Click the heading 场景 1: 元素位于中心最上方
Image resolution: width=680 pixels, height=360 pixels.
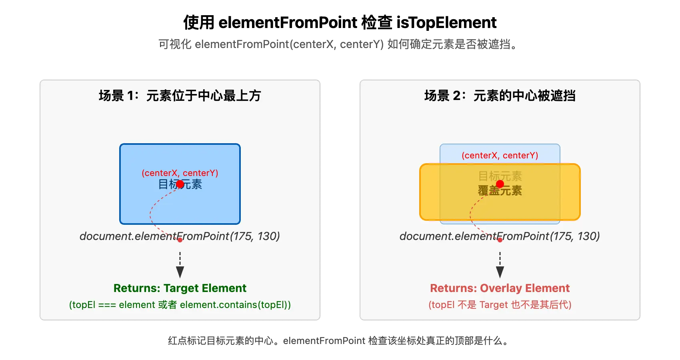(180, 96)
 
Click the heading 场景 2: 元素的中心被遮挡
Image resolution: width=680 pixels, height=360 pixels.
(500, 96)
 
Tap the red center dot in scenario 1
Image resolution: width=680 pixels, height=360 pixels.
(180, 184)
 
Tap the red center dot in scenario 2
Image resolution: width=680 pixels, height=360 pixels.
(500, 184)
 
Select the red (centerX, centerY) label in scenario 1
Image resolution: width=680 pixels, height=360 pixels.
(180, 173)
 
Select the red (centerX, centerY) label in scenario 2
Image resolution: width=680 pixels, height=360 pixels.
(500, 156)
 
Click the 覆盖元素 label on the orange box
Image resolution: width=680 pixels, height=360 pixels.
(500, 191)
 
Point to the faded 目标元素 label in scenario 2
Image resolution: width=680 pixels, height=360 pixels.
(500, 176)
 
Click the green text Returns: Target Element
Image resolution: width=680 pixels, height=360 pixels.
(180, 288)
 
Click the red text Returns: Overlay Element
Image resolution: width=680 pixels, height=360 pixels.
(500, 288)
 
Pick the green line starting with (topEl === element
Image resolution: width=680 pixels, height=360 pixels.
(180, 305)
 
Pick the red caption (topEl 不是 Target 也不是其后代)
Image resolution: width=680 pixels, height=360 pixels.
(500, 305)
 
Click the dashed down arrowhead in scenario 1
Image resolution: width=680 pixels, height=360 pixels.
(180, 272)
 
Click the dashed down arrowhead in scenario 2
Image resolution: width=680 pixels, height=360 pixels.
(500, 272)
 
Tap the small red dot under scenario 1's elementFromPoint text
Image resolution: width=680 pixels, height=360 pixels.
(180, 240)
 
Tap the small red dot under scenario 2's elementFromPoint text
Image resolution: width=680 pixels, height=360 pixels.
(500, 240)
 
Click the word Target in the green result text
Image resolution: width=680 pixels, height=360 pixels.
(182, 288)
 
